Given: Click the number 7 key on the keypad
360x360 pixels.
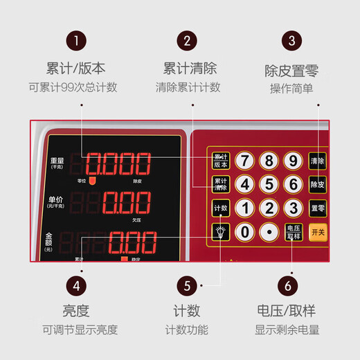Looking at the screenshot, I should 244,161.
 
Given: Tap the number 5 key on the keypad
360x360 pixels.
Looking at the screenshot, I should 269,185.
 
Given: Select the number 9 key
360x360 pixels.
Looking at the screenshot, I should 294,161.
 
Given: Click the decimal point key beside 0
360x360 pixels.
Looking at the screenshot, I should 269,232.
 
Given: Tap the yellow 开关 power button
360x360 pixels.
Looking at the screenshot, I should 318,231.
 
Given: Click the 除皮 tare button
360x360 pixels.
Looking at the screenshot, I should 317,185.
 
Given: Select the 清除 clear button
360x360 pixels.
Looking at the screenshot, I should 317,161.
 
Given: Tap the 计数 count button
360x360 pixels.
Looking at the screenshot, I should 220,208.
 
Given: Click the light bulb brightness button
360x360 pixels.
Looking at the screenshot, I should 220,232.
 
